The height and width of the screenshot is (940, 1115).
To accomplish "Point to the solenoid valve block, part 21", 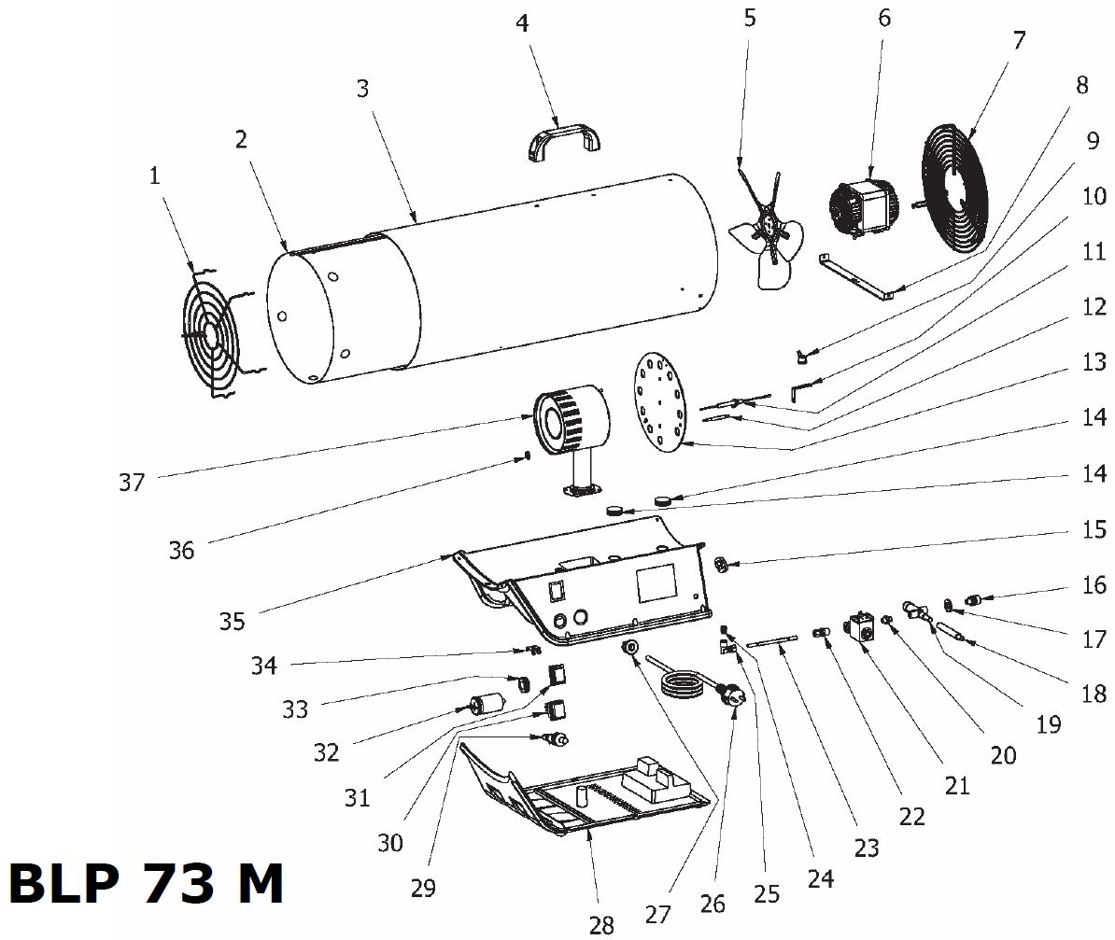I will click(861, 628).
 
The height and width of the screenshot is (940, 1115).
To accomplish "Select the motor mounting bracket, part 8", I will click(854, 276).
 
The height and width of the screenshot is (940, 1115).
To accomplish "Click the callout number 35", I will click(233, 621).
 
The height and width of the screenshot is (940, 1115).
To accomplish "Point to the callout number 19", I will click(1049, 723).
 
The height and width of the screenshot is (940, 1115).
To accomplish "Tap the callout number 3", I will click(362, 89).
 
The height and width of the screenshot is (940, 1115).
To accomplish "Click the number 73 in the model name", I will click(180, 884).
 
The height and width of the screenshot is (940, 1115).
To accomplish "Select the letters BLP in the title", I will click(64, 884).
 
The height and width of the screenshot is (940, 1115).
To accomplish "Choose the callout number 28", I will click(601, 924).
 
